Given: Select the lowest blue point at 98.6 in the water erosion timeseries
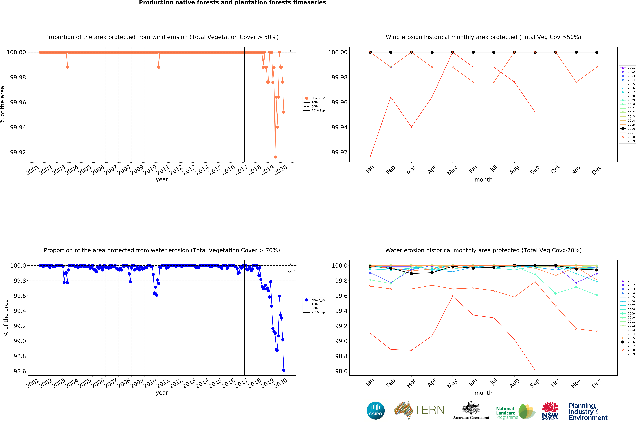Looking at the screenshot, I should [284, 370].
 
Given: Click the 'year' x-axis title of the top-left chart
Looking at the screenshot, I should [162, 179].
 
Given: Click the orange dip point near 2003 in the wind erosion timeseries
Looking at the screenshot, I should [67, 67].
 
